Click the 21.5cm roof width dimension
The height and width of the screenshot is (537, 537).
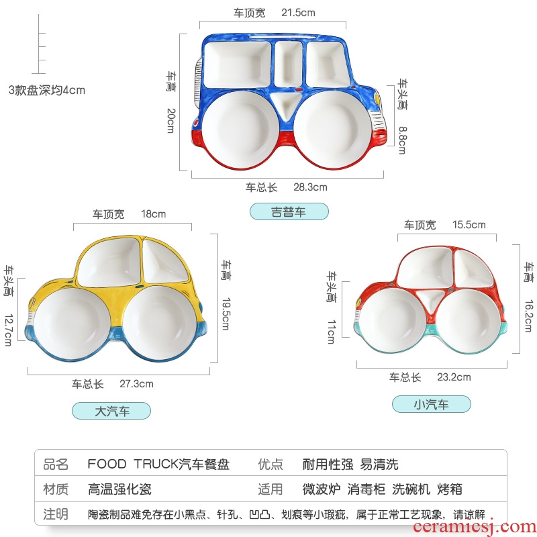(297, 12)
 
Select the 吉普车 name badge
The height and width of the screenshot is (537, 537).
(289, 212)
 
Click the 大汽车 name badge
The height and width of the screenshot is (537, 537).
(111, 411)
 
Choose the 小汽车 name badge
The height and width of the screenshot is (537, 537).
(431, 404)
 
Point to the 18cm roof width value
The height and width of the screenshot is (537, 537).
(153, 214)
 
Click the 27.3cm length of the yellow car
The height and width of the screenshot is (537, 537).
(136, 384)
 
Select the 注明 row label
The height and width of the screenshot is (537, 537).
(56, 514)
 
